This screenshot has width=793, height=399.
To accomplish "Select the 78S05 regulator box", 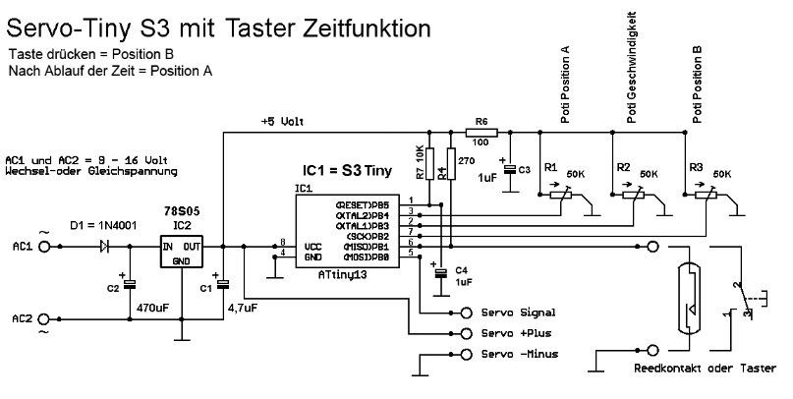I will pyautogui.click(x=184, y=253).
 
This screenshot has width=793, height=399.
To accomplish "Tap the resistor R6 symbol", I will pyautogui.click(x=481, y=132).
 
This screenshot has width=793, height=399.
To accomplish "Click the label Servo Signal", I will pyautogui.click(x=519, y=313).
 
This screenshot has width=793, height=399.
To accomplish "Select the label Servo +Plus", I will pyautogui.click(x=515, y=333).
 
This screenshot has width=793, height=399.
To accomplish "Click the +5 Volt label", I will pyautogui.click(x=283, y=123).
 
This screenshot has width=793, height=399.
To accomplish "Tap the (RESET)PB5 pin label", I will pyautogui.click(x=365, y=204).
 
